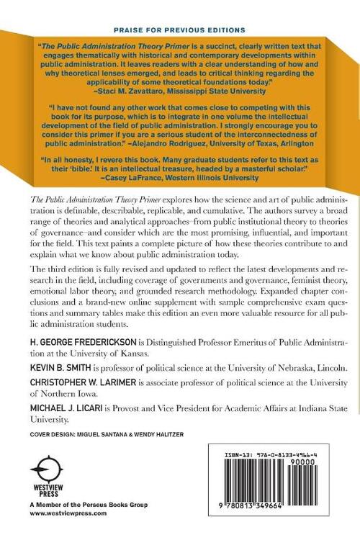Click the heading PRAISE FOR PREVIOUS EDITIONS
pos(179,30)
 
